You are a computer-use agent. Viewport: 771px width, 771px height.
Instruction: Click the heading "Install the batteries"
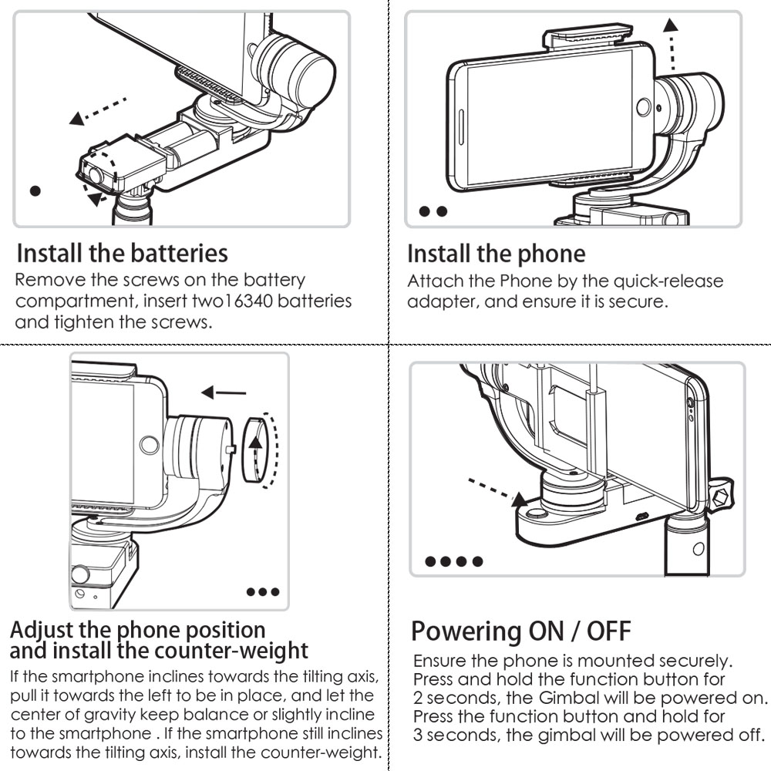(x=122, y=252)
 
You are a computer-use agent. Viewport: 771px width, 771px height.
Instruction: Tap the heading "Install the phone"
(x=496, y=253)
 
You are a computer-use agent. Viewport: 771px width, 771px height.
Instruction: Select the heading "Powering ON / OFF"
(x=520, y=631)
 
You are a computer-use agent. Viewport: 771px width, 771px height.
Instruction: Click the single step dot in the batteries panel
(x=35, y=190)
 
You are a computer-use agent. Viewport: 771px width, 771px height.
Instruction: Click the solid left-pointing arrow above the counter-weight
(x=223, y=392)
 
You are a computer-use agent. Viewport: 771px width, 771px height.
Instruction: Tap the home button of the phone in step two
(x=642, y=106)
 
